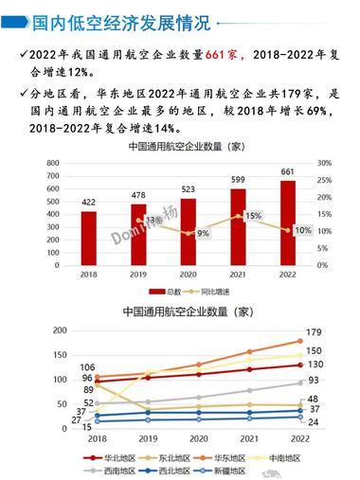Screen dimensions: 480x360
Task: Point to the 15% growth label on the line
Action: tap(253, 216)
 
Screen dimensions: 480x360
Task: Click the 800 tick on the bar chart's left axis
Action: tap(57, 163)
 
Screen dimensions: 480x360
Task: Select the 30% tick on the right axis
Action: tap(323, 163)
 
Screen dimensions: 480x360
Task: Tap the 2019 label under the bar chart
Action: tap(138, 275)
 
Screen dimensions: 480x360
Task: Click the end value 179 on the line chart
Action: tap(315, 333)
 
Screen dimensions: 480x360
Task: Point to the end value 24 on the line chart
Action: tap(313, 421)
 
